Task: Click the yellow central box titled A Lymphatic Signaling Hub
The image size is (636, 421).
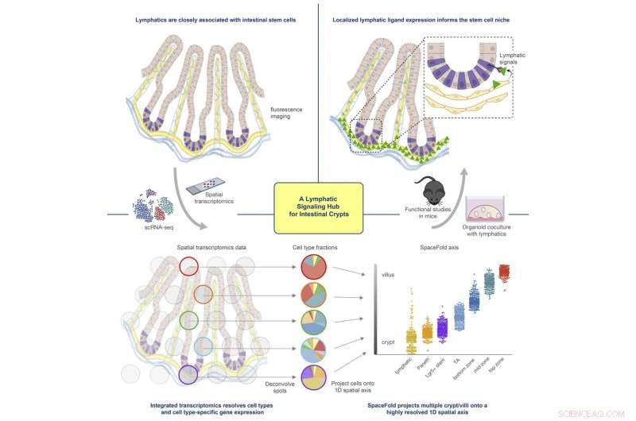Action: coord(317,207)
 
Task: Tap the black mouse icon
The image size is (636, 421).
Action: coord(434,190)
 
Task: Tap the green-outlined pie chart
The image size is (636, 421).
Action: coord(312,323)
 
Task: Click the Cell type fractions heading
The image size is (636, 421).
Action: coord(314,247)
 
